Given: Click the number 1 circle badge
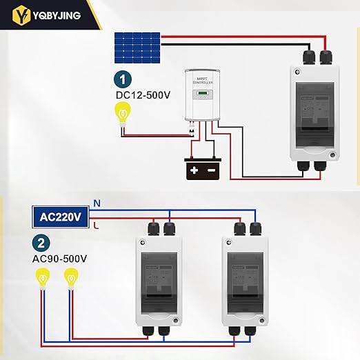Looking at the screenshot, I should click(x=122, y=80).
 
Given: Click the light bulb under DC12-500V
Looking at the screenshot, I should click(x=123, y=112).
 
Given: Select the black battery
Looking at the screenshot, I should click(x=202, y=168).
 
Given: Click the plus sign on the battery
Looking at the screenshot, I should click(x=194, y=169).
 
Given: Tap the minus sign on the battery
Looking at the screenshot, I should click(x=211, y=169).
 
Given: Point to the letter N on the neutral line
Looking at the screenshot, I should click(x=97, y=203).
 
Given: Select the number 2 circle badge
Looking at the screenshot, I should click(x=41, y=243).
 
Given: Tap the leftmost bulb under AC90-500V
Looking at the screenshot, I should click(x=43, y=279).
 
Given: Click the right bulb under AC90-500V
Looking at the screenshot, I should click(x=69, y=279).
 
